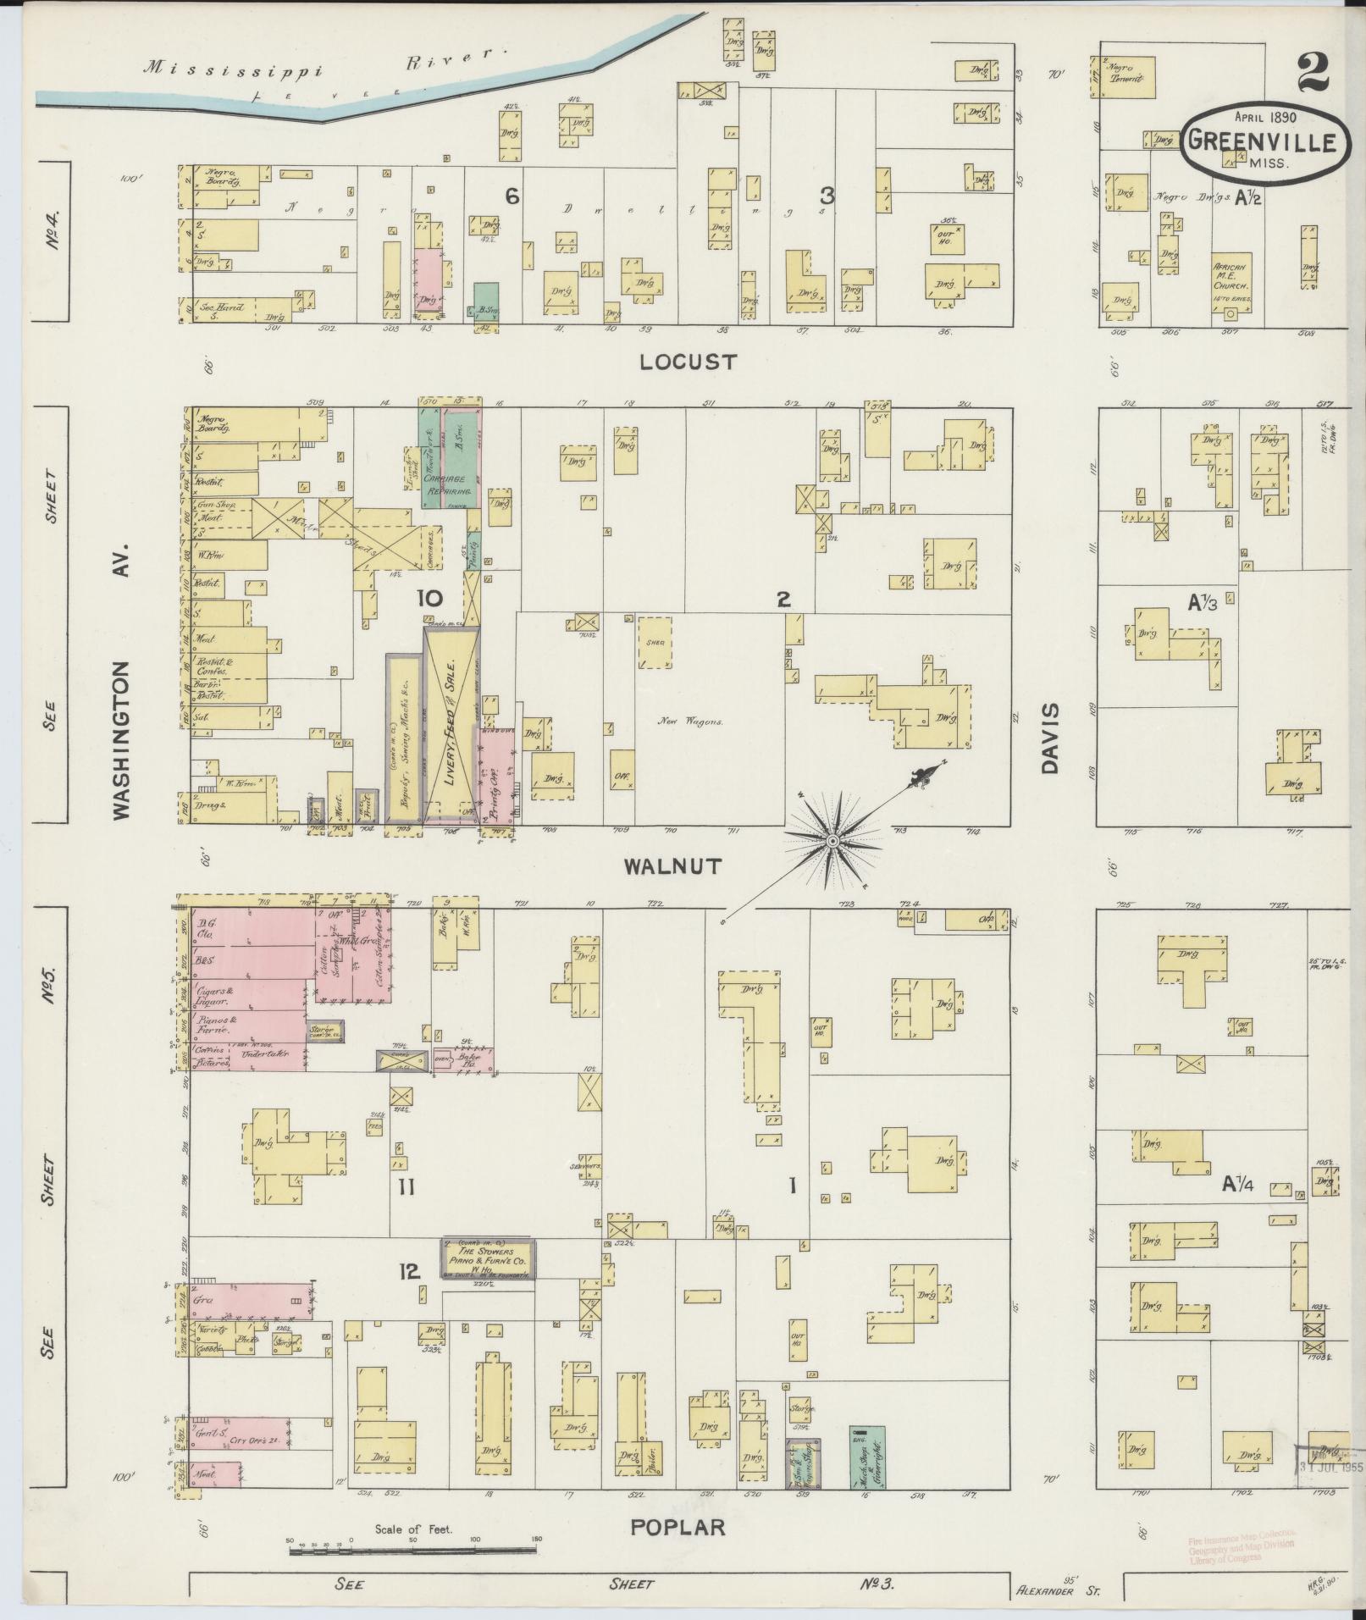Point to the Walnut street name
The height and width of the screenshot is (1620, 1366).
[672, 865]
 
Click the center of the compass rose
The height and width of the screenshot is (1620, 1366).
[832, 840]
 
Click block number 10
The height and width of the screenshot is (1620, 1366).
[429, 599]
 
